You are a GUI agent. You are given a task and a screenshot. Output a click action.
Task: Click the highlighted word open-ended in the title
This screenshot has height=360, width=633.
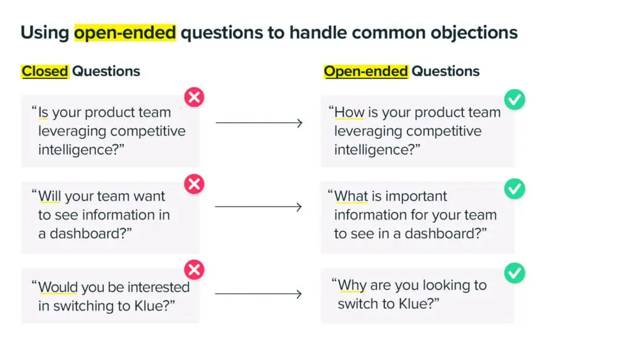click(x=125, y=32)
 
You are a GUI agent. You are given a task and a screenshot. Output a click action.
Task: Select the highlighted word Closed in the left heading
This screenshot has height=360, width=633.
click(x=45, y=71)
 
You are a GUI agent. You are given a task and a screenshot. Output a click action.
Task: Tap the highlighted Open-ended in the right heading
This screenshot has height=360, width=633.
click(x=366, y=71)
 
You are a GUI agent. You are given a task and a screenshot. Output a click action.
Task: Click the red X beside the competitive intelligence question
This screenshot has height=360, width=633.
click(x=194, y=98)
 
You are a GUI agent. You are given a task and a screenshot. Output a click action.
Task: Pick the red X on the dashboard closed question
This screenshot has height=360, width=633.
click(x=194, y=184)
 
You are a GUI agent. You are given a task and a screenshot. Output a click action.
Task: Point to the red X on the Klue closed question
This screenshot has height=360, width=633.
click(x=194, y=270)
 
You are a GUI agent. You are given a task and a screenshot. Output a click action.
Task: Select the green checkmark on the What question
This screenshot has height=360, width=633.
click(x=514, y=189)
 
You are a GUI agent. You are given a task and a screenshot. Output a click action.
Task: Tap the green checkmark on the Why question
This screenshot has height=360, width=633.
click(x=514, y=273)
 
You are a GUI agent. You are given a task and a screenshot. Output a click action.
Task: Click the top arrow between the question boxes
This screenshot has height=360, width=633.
click(x=259, y=123)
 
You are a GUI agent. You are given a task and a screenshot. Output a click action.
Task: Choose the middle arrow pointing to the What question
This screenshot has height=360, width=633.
click(x=259, y=207)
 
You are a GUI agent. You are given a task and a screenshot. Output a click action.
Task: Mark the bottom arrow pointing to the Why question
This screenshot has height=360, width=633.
click(x=259, y=294)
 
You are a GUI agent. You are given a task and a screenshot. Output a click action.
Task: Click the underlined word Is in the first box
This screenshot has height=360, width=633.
click(x=43, y=113)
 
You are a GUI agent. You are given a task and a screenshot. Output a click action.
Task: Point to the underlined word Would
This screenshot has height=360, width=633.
click(x=57, y=288)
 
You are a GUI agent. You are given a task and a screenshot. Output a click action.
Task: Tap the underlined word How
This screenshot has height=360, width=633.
click(x=349, y=113)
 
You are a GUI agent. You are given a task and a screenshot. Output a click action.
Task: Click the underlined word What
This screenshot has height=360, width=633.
click(x=351, y=197)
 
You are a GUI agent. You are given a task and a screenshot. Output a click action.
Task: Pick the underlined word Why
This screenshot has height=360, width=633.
click(x=352, y=286)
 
